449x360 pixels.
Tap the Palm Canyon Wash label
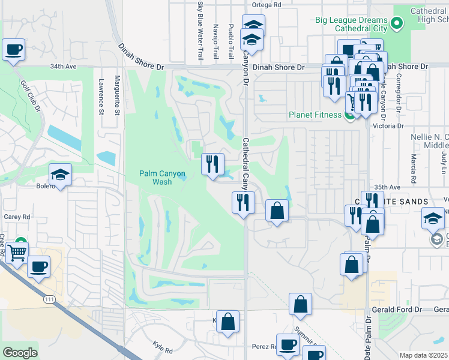(x=162, y=178)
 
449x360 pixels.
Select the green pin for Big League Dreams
(x=396, y=24)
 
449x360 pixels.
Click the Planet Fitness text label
(x=314, y=115)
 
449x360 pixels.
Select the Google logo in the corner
(x=20, y=353)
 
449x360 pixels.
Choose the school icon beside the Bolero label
(x=60, y=175)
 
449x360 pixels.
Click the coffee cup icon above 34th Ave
(x=13, y=50)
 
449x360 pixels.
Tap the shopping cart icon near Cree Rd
(x=17, y=254)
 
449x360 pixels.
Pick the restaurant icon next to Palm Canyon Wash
(x=212, y=164)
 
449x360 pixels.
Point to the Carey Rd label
(x=16, y=217)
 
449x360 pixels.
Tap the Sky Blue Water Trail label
(x=200, y=30)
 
